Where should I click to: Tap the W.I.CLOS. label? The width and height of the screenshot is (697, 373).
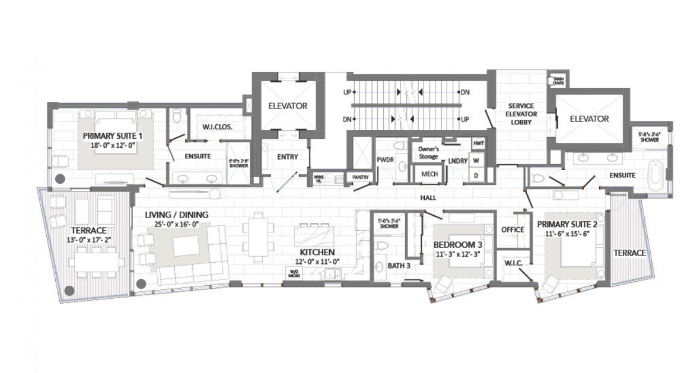click(x=217, y=126)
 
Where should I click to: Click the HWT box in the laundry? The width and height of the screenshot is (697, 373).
click(x=478, y=144)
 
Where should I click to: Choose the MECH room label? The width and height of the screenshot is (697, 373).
click(x=429, y=174)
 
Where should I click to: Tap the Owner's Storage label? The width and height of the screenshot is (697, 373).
click(x=428, y=152)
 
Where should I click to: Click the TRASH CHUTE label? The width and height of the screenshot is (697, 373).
click(x=558, y=81)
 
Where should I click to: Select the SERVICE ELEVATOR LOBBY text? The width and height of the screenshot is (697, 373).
click(x=518, y=114)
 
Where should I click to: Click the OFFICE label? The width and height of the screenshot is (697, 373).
click(x=512, y=229)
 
